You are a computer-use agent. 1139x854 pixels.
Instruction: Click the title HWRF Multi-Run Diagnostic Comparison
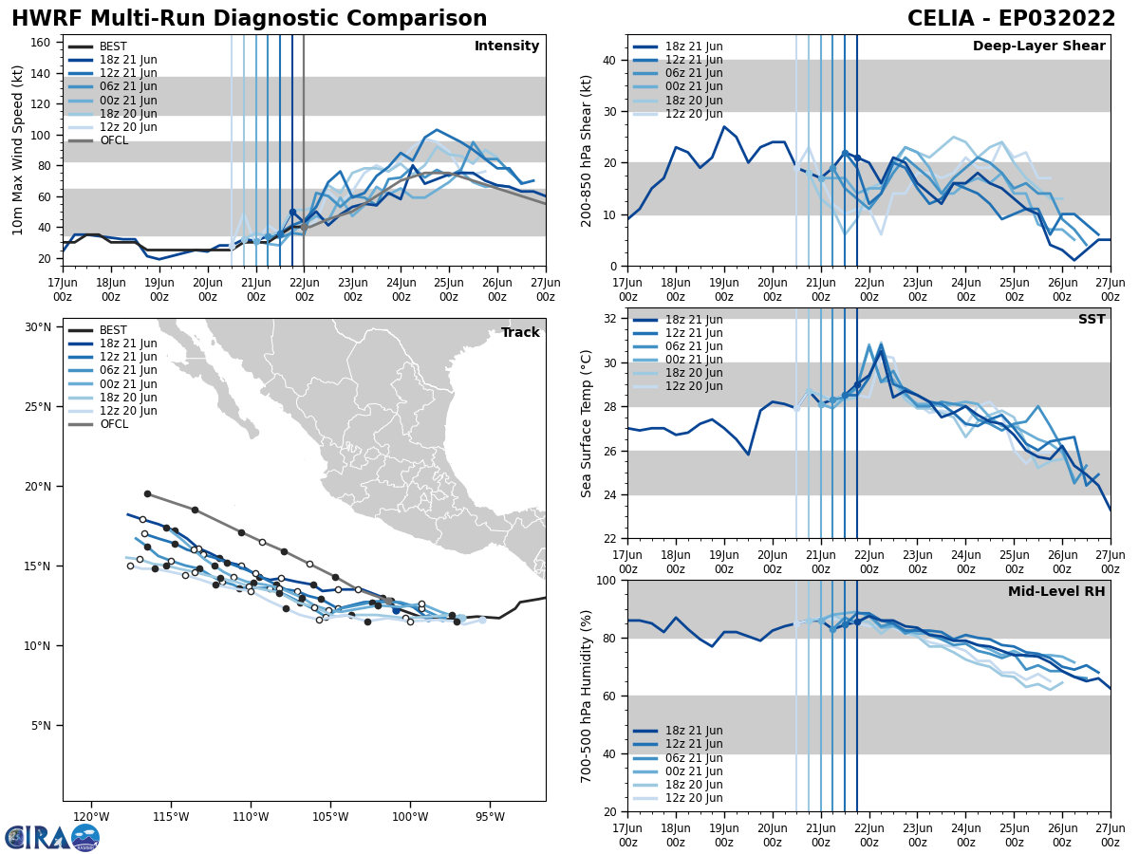(249, 19)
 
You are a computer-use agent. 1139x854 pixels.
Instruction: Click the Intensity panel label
(507, 46)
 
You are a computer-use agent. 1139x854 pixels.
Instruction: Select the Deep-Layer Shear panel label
(1038, 46)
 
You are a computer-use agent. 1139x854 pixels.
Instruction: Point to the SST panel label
(1091, 320)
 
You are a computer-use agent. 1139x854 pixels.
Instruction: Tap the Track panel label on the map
(520, 333)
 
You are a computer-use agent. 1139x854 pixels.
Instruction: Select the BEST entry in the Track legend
(113, 330)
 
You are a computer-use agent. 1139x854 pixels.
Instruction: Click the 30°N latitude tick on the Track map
(38, 327)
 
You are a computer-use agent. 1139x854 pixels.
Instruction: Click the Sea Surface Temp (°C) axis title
(587, 423)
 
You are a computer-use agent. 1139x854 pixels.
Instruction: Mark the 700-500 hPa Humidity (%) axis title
(587, 696)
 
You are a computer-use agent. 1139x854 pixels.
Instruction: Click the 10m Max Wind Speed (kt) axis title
(18, 150)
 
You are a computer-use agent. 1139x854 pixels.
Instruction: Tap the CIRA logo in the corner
(52, 837)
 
